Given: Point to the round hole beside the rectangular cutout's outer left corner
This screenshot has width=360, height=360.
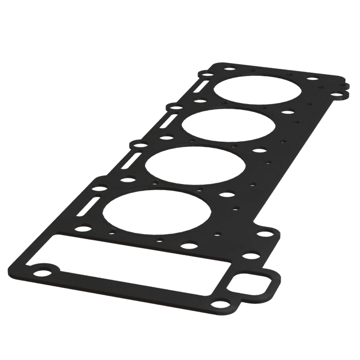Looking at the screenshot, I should coord(43,273).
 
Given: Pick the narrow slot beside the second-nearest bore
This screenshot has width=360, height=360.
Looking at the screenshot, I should coord(129,162).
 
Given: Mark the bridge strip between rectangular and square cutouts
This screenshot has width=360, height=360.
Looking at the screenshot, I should coord(222,276).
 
